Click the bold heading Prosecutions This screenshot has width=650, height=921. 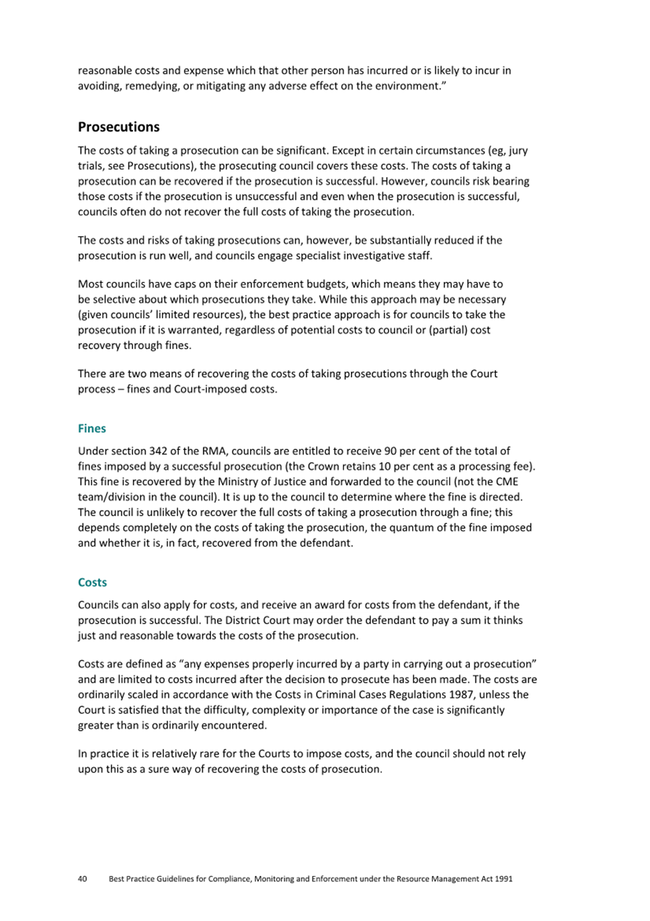(x=118, y=127)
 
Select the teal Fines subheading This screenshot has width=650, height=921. (x=91, y=429)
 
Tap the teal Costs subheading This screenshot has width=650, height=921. (x=92, y=583)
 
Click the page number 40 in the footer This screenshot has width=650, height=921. (x=82, y=879)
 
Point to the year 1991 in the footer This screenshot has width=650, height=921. (x=503, y=879)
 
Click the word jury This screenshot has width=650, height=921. (x=518, y=151)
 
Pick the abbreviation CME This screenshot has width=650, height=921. (x=506, y=482)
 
